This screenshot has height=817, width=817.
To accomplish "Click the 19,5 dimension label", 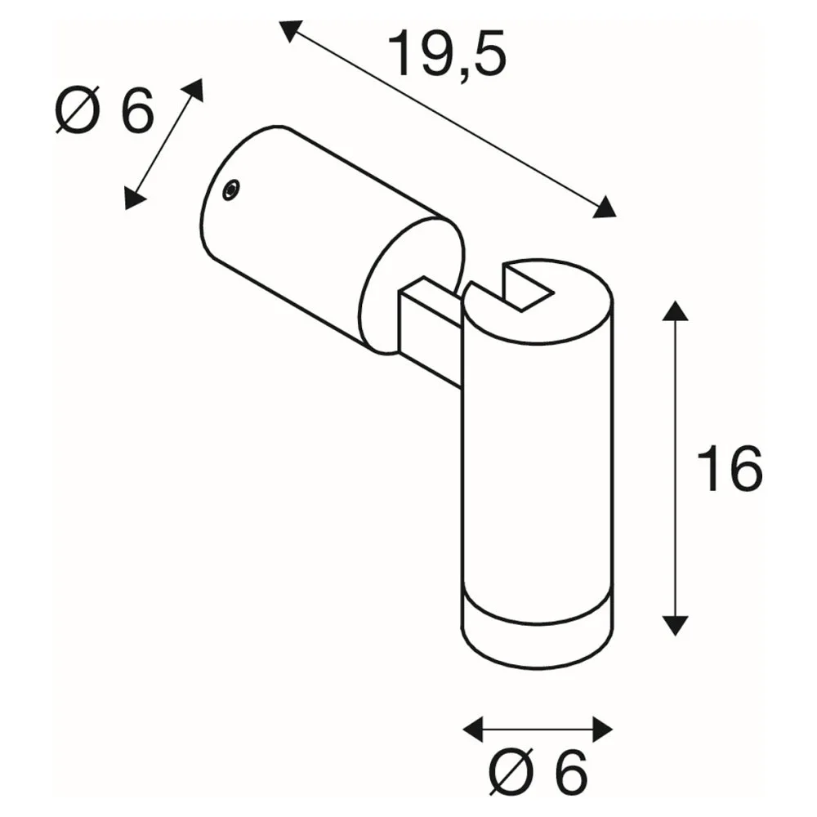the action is click(x=447, y=55).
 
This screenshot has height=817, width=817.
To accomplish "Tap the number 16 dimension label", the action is click(x=729, y=469).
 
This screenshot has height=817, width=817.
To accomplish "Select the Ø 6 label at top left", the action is click(x=105, y=110).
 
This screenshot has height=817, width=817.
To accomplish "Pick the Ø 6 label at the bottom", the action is click(x=538, y=773).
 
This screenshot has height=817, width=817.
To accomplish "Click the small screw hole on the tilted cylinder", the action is click(x=231, y=190).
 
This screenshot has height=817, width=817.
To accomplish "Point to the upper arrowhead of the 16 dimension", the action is click(x=675, y=310).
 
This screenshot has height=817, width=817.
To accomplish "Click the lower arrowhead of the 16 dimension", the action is click(x=675, y=625).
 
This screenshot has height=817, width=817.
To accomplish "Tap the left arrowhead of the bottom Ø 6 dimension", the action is click(x=473, y=729).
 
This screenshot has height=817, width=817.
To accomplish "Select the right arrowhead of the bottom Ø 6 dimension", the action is click(x=602, y=729).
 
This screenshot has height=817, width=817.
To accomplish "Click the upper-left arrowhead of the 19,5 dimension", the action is click(x=290, y=30).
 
